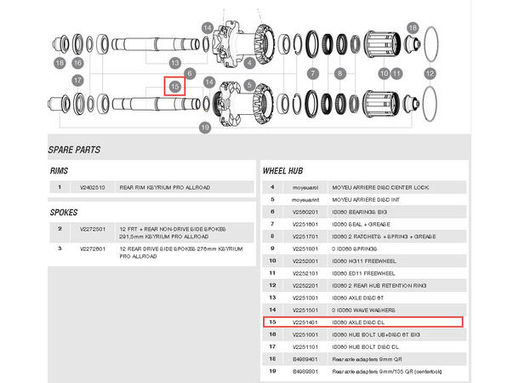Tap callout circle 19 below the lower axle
click(x=204, y=128)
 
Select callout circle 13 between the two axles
click(x=174, y=63)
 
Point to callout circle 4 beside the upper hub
click(x=249, y=62)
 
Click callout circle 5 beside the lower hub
click(x=249, y=84)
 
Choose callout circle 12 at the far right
click(x=430, y=74)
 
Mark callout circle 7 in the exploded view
click(x=312, y=74)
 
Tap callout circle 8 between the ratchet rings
click(x=340, y=74)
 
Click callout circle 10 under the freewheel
click(x=383, y=74)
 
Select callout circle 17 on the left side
click(x=77, y=81)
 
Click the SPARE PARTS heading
click(x=74, y=150)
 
